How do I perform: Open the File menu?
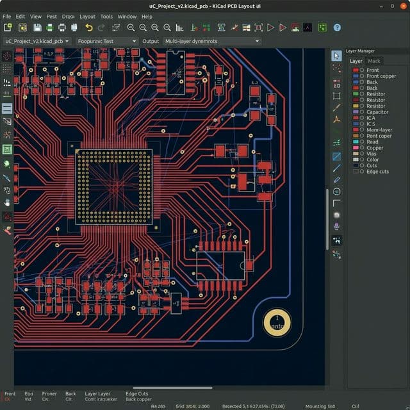click(x=7, y=16)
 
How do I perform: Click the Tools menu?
click(x=106, y=16)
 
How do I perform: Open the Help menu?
click(x=147, y=16)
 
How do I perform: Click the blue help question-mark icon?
click(x=337, y=28)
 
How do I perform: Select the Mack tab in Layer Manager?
click(x=373, y=61)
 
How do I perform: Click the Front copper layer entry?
click(x=381, y=76)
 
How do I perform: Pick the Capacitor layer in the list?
click(x=377, y=112)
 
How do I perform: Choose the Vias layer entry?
click(x=372, y=154)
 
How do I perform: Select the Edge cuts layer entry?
click(x=377, y=172)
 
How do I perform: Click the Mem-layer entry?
click(x=379, y=130)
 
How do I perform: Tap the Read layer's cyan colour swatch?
click(x=356, y=142)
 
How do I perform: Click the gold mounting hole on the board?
click(x=277, y=322)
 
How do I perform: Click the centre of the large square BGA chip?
click(x=115, y=186)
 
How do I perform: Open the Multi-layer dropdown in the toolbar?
click(x=212, y=41)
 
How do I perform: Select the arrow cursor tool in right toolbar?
click(x=336, y=56)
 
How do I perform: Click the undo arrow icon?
click(x=89, y=28)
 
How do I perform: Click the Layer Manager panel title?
click(x=360, y=51)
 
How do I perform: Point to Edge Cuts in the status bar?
click(x=136, y=393)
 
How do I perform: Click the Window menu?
click(x=127, y=16)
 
